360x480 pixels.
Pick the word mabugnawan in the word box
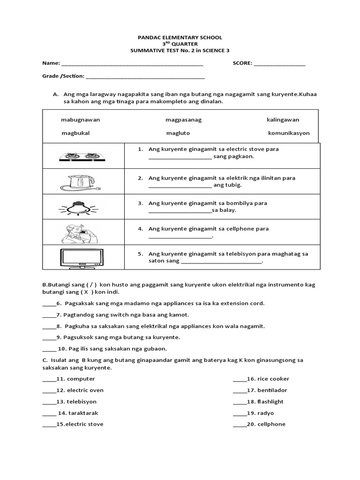pos(80,120)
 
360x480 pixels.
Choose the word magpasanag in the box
pos(183,120)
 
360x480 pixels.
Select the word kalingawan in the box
pos(283,120)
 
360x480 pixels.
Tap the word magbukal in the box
pos(75,133)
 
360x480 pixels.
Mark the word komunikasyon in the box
pos(289,133)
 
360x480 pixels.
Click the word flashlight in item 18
pos(270,402)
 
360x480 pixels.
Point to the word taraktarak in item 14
pos(83,413)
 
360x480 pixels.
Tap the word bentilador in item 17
pos(272,390)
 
